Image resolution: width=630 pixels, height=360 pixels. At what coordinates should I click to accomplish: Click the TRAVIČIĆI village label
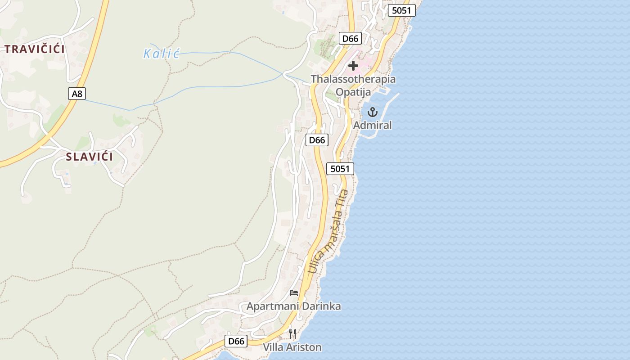click(x=35, y=49)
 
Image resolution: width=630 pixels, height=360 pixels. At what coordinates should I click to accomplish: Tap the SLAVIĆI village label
click(x=90, y=157)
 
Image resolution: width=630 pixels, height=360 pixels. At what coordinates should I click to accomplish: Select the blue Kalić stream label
click(x=162, y=54)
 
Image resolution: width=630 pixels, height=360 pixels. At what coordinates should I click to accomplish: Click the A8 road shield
click(x=77, y=94)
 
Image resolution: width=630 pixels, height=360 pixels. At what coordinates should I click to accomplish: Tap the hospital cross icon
click(x=353, y=66)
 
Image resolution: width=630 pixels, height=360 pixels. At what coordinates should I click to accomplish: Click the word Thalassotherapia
click(x=353, y=79)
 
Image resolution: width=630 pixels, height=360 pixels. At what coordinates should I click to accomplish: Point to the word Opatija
click(x=353, y=92)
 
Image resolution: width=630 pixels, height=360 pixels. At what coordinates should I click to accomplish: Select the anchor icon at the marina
click(x=372, y=112)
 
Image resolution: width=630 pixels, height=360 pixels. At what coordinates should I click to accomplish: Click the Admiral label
click(x=372, y=125)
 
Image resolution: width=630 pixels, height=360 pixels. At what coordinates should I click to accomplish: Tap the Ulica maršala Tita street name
click(x=328, y=231)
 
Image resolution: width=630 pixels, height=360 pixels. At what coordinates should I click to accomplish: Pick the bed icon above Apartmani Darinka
click(x=294, y=293)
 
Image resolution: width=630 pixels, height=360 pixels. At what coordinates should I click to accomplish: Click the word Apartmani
click(x=272, y=306)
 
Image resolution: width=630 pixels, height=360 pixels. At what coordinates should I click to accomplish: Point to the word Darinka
click(x=321, y=306)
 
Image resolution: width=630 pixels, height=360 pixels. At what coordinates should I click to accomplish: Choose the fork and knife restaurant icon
click(x=292, y=333)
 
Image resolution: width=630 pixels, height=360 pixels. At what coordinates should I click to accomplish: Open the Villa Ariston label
click(x=292, y=347)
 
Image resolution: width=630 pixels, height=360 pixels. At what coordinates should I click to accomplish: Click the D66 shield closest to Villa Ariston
click(x=236, y=341)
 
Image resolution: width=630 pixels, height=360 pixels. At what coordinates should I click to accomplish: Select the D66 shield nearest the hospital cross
click(x=350, y=39)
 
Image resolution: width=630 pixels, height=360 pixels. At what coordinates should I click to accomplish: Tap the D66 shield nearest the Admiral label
click(x=317, y=140)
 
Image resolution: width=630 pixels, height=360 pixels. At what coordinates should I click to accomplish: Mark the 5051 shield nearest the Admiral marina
click(x=340, y=169)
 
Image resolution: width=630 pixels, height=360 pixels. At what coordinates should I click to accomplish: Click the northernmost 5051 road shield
click(x=401, y=10)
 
